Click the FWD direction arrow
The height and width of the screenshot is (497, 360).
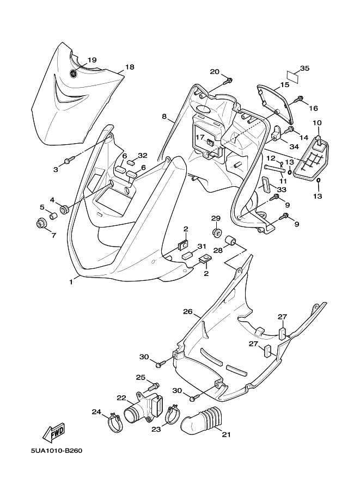click(x=54, y=433)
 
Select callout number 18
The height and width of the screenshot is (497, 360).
click(x=130, y=67)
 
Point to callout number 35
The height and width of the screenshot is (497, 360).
click(x=304, y=68)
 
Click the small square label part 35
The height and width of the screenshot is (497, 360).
click(x=293, y=76)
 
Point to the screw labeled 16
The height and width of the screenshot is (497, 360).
click(x=299, y=99)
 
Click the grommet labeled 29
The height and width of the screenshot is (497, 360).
click(x=217, y=232)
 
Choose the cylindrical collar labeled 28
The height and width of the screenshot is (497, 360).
click(x=230, y=241)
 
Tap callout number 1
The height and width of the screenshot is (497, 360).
click(x=71, y=281)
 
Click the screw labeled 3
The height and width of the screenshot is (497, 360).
click(x=69, y=161)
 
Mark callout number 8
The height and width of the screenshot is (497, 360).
click(x=164, y=116)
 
